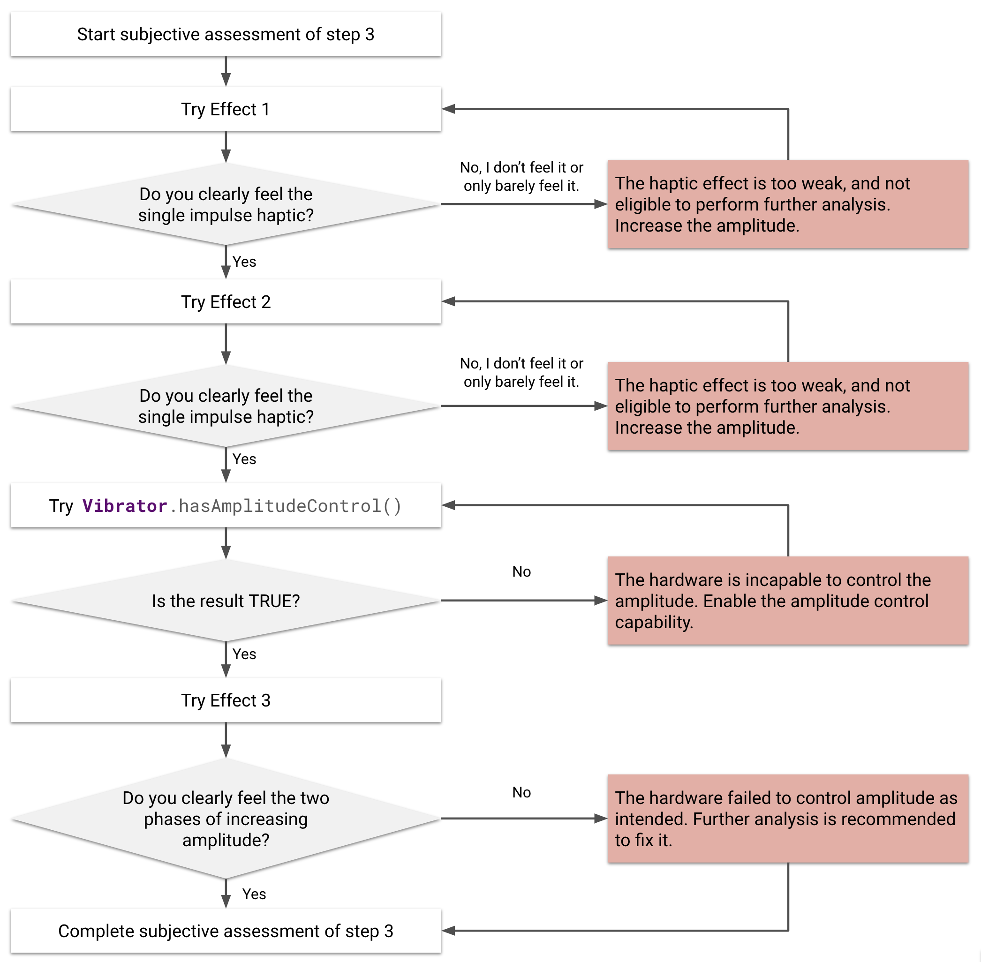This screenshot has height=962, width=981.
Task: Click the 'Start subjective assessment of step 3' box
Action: click(226, 34)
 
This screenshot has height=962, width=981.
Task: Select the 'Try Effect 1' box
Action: click(226, 109)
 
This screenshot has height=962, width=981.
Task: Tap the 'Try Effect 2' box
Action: click(226, 301)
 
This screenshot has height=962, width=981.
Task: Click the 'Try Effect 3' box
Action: click(226, 700)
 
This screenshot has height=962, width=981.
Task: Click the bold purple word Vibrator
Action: click(124, 506)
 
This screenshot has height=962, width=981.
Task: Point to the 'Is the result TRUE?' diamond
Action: click(226, 601)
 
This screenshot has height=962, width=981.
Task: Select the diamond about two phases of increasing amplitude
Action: click(226, 819)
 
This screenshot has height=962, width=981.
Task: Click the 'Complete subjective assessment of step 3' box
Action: click(226, 931)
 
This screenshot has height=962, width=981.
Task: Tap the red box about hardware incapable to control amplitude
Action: click(787, 601)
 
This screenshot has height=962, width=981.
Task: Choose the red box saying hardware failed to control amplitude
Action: click(787, 819)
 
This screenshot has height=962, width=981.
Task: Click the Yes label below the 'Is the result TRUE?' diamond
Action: click(244, 654)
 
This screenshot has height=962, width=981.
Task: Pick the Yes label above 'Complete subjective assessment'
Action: click(254, 894)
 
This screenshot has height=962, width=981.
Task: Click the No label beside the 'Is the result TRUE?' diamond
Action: click(521, 571)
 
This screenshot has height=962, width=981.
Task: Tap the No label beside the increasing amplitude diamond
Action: click(521, 792)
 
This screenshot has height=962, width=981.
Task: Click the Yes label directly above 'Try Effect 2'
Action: click(244, 262)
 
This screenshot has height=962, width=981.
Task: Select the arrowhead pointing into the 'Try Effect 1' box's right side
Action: click(449, 109)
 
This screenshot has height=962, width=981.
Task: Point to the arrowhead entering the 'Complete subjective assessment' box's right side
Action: click(449, 931)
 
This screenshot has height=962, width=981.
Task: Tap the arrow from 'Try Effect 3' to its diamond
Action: click(226, 741)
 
